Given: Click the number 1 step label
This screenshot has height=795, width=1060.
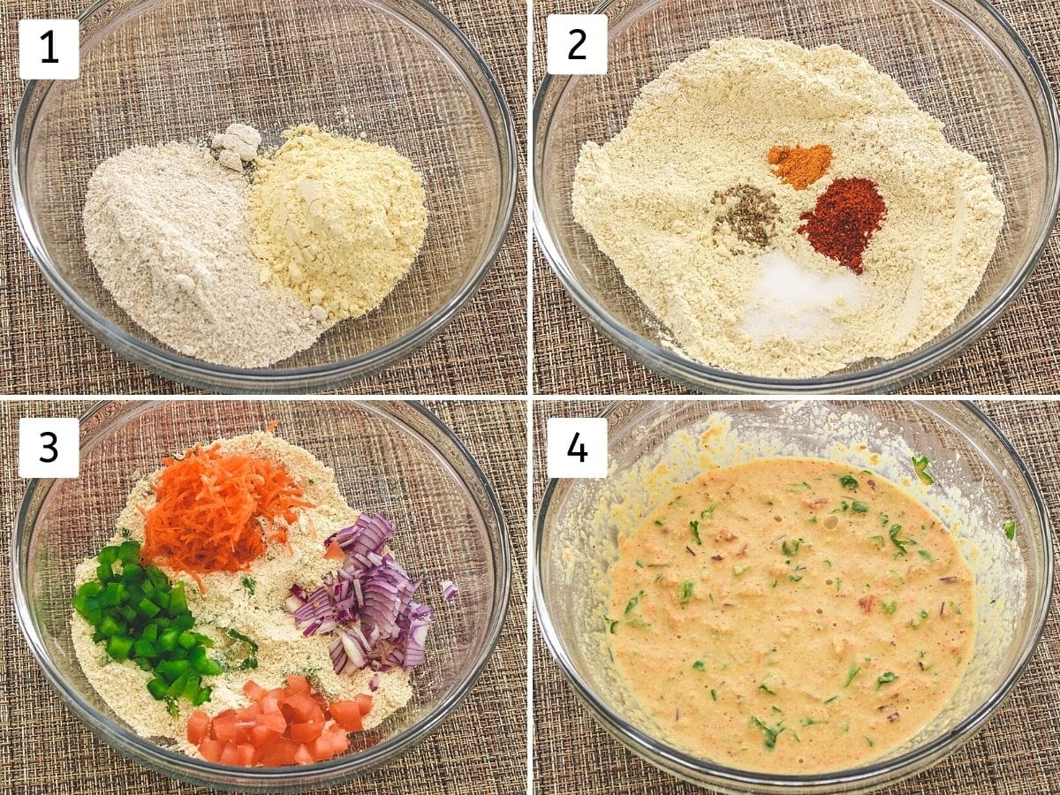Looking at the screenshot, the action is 49,49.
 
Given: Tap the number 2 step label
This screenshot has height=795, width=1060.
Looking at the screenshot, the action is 577,44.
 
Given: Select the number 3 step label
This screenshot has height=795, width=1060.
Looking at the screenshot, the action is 49,448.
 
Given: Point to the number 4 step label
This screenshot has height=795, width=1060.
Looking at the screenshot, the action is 577,448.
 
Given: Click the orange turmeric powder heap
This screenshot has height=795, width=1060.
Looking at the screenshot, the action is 800,165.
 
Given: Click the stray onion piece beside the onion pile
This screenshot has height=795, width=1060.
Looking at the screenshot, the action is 450,590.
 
